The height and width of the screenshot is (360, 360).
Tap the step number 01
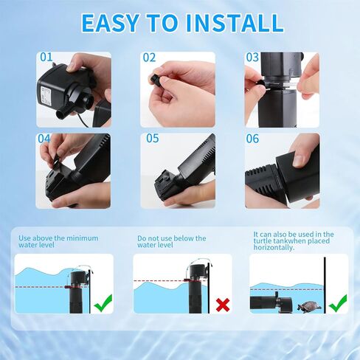click(46, 58)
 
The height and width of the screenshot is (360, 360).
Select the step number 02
click(149, 58)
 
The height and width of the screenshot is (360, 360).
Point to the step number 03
click(252, 58)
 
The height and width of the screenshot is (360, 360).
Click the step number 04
click(44, 139)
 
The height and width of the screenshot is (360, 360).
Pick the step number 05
click(153, 138)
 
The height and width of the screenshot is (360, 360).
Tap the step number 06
click(252, 139)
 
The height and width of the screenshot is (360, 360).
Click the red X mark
click(223, 305)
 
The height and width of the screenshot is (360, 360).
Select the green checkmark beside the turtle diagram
click(339, 304)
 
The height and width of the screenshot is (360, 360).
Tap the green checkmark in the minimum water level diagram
click(103, 303)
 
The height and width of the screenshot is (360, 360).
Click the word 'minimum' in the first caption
click(83, 238)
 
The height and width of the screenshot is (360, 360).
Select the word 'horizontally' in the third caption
click(274, 247)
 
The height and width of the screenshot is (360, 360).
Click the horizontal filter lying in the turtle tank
click(271, 302)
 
